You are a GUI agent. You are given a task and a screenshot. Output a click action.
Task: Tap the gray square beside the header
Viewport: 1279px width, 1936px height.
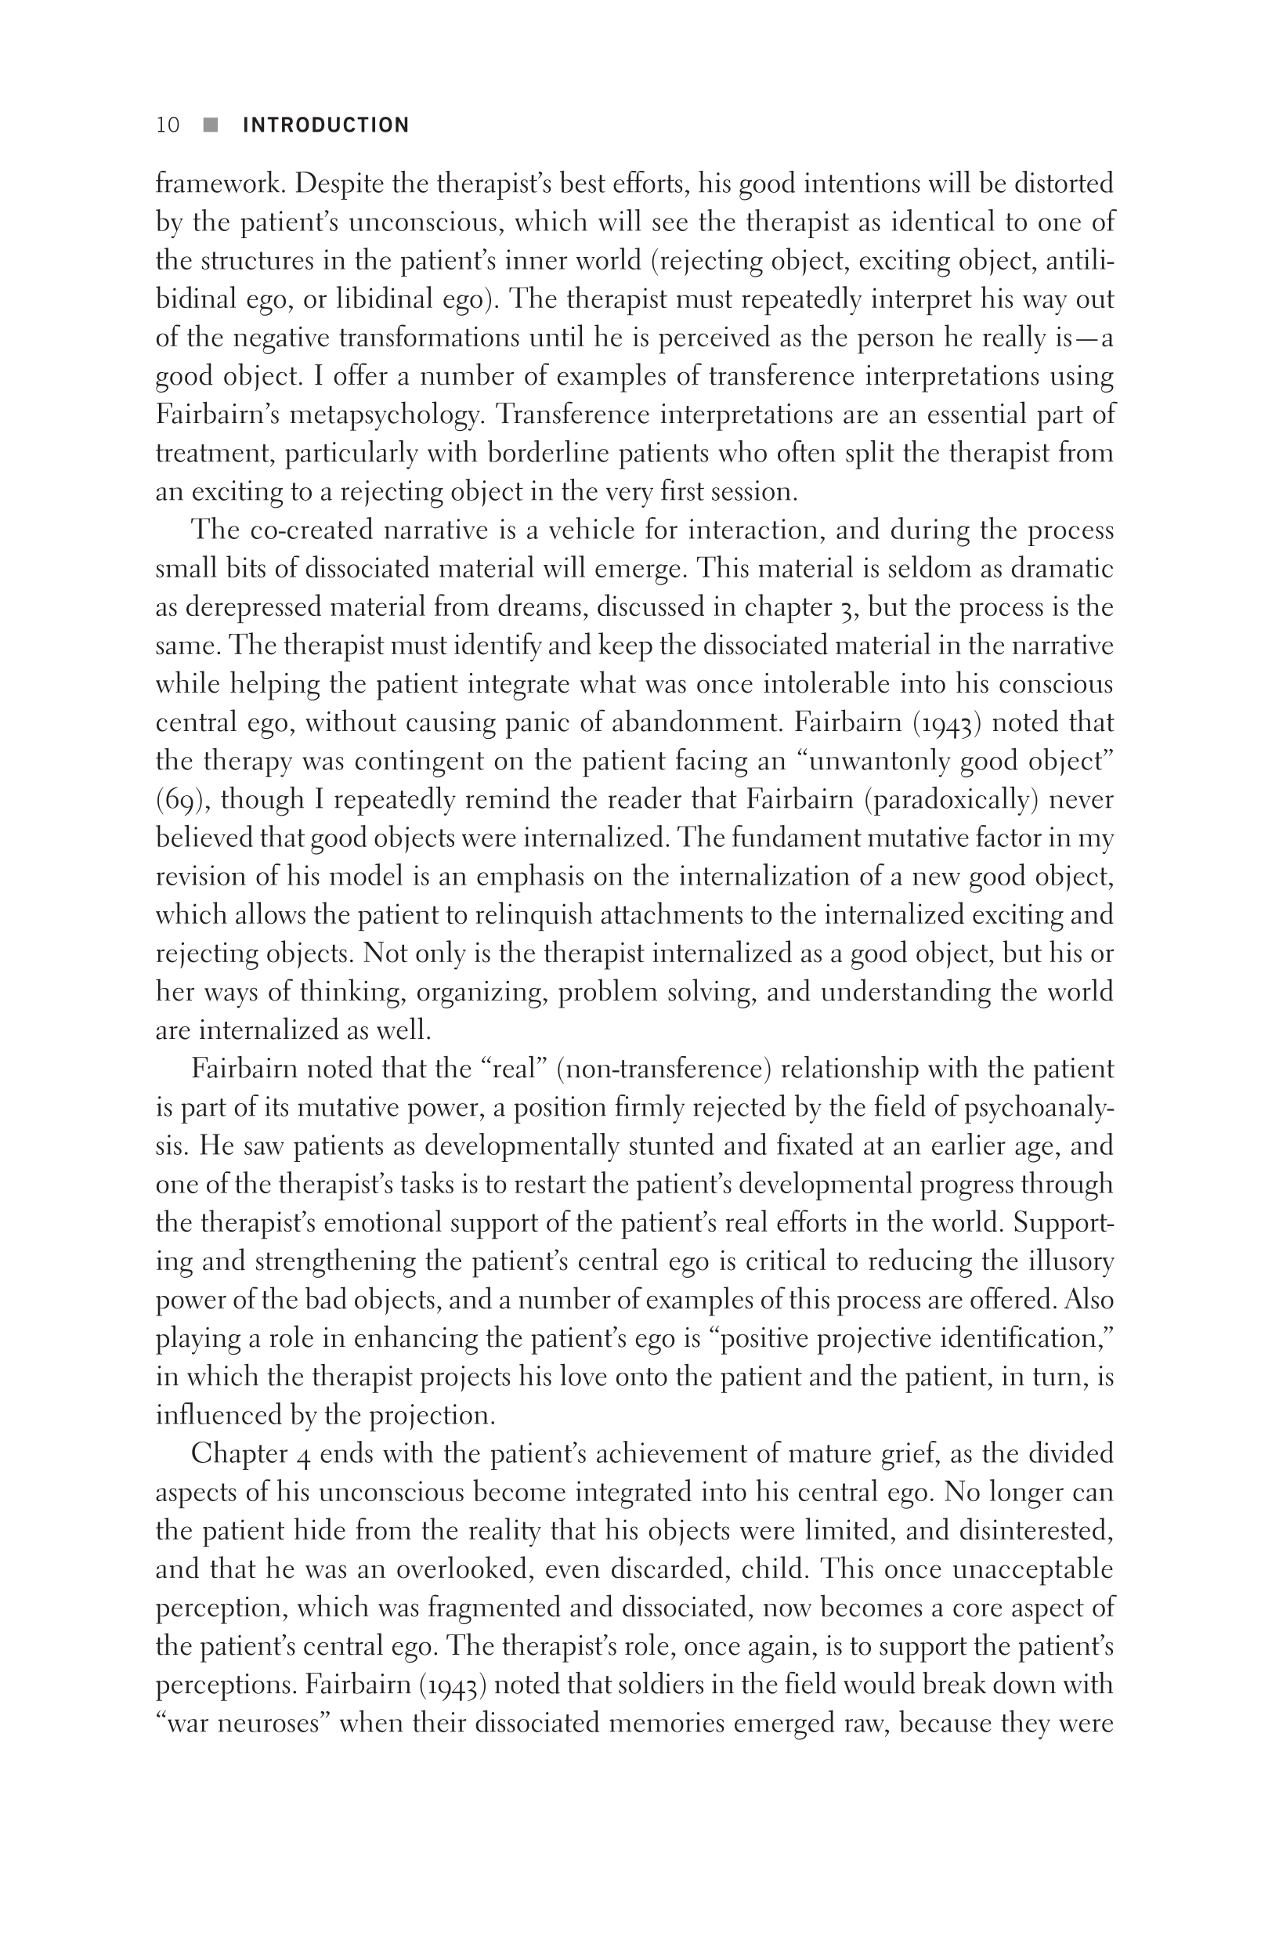211,125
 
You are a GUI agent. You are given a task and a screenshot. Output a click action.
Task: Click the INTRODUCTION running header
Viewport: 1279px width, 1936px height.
326,125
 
